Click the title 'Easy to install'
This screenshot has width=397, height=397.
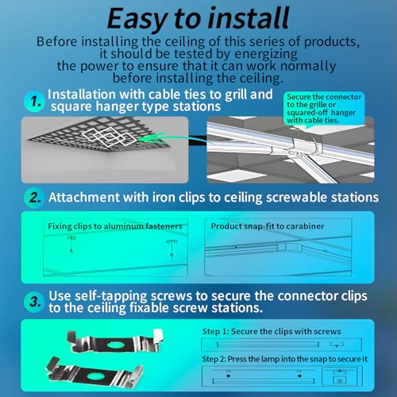click(x=198, y=18)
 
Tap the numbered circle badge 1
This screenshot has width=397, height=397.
click(x=34, y=102)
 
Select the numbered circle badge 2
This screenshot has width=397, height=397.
click(x=34, y=198)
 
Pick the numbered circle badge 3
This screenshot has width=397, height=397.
click(x=34, y=302)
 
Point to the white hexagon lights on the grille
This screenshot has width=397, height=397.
click(x=109, y=137)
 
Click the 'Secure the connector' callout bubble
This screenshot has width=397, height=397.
click(x=324, y=109)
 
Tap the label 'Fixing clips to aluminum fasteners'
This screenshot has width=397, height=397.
click(x=115, y=226)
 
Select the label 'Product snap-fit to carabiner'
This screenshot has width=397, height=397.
click(x=268, y=226)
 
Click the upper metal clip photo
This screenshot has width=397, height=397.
click(x=115, y=342)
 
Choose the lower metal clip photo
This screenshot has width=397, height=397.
click(x=94, y=372)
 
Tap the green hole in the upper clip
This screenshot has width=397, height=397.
click(x=115, y=345)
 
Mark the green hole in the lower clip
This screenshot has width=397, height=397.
click(x=95, y=376)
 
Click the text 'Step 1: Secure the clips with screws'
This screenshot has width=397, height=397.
click(x=272, y=332)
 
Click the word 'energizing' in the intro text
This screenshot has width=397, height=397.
click(x=266, y=54)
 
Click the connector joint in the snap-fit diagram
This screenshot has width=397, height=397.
click(x=289, y=248)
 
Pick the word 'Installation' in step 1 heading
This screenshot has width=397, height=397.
click(x=82, y=94)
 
